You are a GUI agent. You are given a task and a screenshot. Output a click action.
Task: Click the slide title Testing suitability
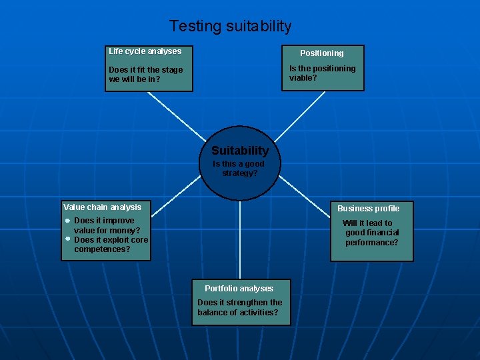coord(230,27)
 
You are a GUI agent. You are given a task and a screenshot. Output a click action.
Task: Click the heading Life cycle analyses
coord(145,51)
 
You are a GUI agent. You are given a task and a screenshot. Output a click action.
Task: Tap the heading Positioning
coord(321,53)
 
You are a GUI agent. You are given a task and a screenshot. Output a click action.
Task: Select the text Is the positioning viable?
coord(322,73)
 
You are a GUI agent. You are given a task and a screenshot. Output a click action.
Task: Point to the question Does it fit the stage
coord(145,70)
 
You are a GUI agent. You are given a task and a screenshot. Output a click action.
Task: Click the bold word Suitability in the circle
coord(240,151)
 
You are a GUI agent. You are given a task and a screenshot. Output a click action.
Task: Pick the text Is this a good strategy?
coord(239,169)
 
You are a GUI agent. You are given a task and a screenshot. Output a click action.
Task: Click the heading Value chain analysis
coord(102,207)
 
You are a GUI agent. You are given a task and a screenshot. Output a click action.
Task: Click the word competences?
coord(102,249)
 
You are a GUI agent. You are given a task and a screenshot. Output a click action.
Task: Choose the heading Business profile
coord(368,209)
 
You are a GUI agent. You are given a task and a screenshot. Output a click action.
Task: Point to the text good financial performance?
coord(371,238)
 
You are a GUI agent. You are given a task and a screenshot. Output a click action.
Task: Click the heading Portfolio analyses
coord(239,289)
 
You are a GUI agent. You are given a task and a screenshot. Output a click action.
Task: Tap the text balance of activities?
coord(237,313)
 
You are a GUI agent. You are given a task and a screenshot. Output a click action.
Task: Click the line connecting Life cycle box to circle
coord(177,116)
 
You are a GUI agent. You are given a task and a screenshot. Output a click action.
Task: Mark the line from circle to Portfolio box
coord(240,240)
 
